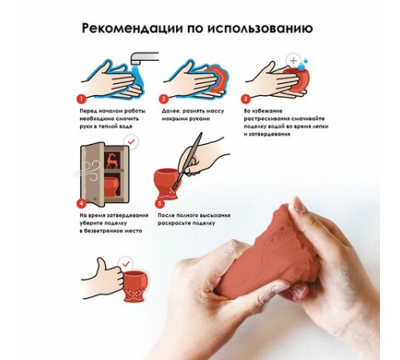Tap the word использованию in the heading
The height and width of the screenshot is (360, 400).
click(x=260, y=28)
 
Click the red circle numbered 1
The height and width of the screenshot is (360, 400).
click(x=81, y=99)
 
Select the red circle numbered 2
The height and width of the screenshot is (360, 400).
click(x=163, y=99)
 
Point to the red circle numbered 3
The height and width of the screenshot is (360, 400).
click(x=246, y=99)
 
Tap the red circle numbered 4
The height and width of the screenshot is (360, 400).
click(x=82, y=203)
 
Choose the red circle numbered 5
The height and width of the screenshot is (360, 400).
click(x=159, y=204)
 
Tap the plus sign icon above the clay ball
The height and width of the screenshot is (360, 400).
click(x=294, y=61)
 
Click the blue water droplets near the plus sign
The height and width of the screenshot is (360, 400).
click(x=304, y=63)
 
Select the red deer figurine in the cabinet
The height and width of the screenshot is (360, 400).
click(x=112, y=161)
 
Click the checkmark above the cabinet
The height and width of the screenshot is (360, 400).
click(x=131, y=142)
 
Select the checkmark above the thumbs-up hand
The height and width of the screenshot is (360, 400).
click(x=126, y=264)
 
